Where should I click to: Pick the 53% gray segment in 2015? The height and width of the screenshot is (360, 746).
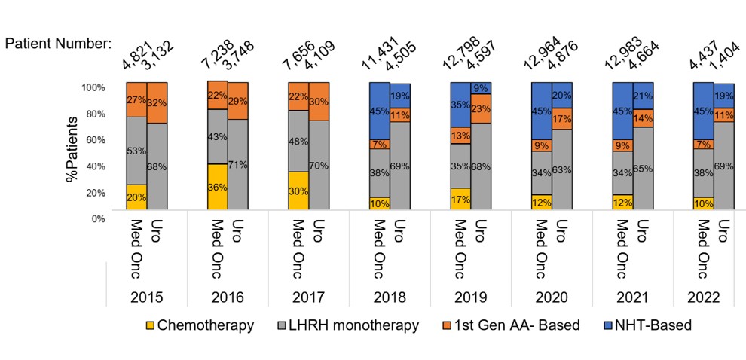pos(136,151)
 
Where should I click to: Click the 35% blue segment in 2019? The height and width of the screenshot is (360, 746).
pos(460,105)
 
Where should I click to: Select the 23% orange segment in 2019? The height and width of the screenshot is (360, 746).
pos(481,108)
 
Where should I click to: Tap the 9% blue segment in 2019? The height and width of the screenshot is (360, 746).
pos(481,88)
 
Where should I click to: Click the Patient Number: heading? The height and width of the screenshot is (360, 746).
pos(58,43)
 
